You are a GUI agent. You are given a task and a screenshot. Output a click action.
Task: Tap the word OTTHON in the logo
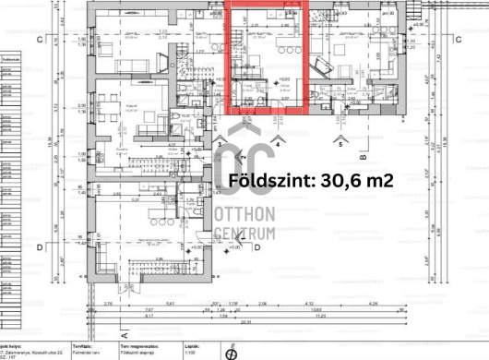pyautogui.click(x=245, y=214)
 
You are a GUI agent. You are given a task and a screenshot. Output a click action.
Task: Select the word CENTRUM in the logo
pyautogui.click(x=245, y=234)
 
